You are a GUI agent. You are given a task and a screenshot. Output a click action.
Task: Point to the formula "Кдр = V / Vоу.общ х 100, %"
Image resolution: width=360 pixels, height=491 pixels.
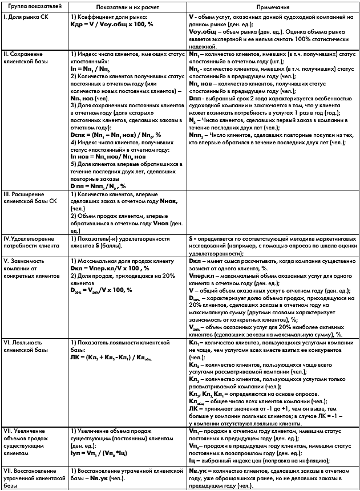[108, 25]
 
